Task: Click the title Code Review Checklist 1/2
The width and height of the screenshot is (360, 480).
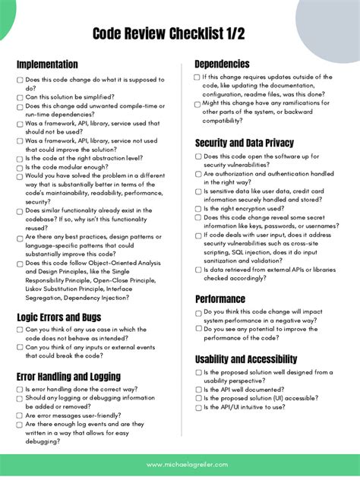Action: (x=179, y=33)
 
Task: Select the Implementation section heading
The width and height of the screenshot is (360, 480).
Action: (x=47, y=65)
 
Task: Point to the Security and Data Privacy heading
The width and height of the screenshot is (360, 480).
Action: (x=245, y=143)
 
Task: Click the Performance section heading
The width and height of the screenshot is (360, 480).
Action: (x=220, y=299)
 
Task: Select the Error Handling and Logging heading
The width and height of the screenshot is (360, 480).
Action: (x=68, y=377)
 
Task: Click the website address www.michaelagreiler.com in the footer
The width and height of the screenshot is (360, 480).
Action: (x=180, y=464)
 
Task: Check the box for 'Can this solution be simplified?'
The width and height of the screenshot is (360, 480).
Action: (x=20, y=98)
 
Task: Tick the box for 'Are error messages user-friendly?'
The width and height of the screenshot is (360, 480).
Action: (x=20, y=416)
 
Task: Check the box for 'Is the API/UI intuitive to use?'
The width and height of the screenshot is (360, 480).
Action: (x=198, y=408)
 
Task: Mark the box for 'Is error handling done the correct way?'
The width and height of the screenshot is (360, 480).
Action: (x=20, y=390)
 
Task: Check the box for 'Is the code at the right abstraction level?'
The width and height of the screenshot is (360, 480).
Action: (x=20, y=159)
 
